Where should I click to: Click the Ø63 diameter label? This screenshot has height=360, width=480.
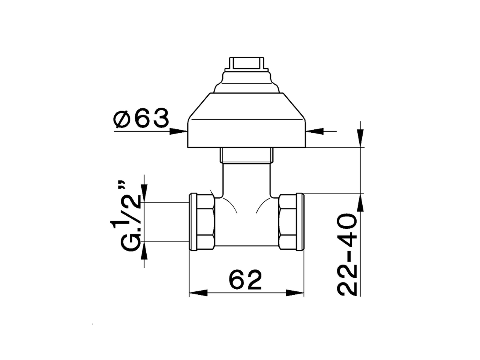(141, 118)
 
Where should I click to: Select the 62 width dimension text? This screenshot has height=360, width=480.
(245, 280)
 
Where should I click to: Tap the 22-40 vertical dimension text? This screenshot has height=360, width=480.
(347, 255)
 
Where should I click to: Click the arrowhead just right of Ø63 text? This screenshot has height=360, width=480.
(178, 131)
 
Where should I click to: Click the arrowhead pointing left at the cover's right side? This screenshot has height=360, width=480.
(315, 131)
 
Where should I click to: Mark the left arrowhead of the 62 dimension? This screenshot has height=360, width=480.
(198, 293)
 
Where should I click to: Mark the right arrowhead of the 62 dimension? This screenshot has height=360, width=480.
(295, 293)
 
